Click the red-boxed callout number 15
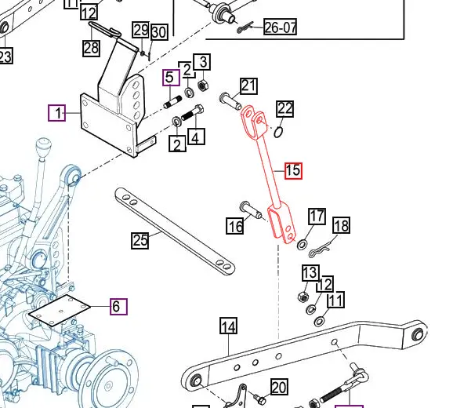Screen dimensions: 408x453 293,170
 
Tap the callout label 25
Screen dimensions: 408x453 140,240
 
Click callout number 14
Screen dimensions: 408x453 228,326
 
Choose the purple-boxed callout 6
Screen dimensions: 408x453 117,307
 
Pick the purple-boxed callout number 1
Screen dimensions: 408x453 57,114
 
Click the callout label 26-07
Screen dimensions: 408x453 280,28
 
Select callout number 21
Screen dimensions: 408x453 248,86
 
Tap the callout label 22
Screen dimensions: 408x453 284,108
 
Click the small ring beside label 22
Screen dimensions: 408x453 279,131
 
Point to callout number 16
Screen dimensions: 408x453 234,227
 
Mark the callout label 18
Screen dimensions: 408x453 341,226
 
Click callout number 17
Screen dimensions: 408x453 317,216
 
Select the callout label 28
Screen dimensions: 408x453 91,47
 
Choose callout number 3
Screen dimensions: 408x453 201,62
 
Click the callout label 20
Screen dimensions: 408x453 279,387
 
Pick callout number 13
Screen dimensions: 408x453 310,272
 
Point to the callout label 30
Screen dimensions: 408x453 158,31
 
